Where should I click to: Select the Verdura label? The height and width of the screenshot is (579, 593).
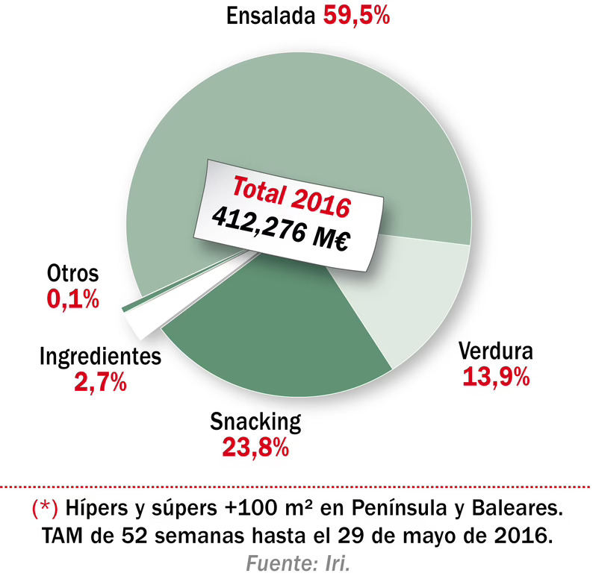pyautogui.click(x=495, y=350)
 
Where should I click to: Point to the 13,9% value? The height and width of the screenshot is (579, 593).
pyautogui.click(x=497, y=377)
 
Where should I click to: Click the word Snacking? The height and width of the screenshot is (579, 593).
pyautogui.click(x=255, y=422)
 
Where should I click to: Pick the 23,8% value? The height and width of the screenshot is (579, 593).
pyautogui.click(x=255, y=448)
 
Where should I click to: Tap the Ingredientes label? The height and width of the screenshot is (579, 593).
pyautogui.click(x=100, y=357)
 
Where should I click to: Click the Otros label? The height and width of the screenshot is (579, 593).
pyautogui.click(x=72, y=273)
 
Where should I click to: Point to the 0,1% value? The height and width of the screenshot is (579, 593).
pyautogui.click(x=72, y=299)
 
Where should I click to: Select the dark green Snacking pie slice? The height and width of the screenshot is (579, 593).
pyautogui.click(x=276, y=351)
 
